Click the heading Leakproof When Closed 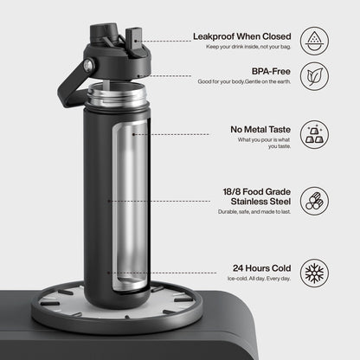241,36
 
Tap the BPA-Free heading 271,71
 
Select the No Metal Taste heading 260,130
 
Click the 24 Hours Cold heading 261,268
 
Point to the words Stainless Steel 260,202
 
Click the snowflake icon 314,273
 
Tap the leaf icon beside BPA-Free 314,76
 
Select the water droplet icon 314,41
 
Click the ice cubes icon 314,135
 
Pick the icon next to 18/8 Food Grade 314,201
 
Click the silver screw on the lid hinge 88,66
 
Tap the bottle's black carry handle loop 71,86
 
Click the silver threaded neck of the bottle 117,95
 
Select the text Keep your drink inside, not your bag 248,47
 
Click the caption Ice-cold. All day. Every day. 259,279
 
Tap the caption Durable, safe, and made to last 254,212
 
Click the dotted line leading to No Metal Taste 170,134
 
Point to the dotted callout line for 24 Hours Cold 162,273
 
